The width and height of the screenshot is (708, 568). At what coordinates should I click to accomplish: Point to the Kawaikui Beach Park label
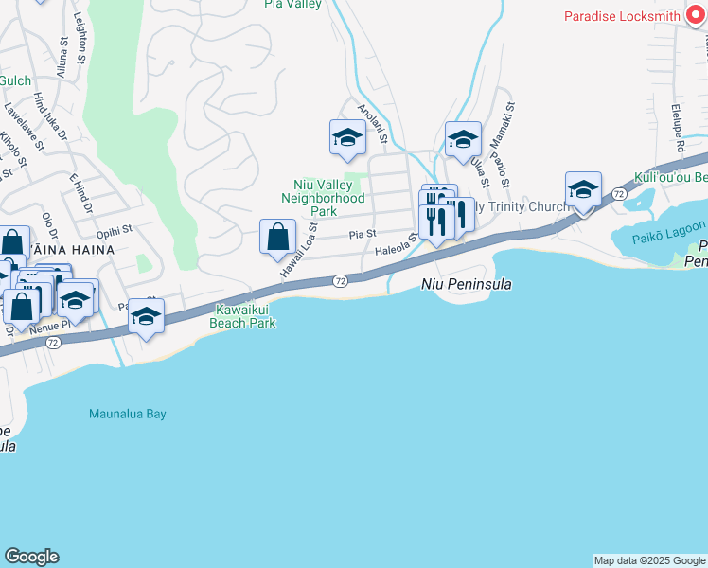tap(244, 316)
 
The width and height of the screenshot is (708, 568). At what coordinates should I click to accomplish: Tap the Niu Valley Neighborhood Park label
tap(323, 198)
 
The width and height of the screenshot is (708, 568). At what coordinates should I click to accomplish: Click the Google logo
tap(31, 557)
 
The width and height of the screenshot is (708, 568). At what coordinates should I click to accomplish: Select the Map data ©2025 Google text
tap(649, 560)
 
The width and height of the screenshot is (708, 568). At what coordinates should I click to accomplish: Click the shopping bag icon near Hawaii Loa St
tap(277, 236)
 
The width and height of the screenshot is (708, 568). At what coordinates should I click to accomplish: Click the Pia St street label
tap(363, 233)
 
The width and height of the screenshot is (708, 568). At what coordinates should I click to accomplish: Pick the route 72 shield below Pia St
tap(340, 281)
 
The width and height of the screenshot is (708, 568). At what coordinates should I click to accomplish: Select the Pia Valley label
tap(293, 5)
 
